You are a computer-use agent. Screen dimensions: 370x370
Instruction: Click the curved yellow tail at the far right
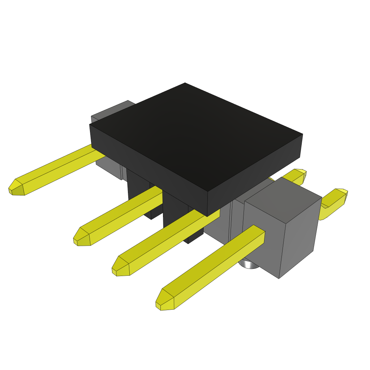click(x=334, y=202)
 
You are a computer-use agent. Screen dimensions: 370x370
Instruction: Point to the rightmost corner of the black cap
click(x=302, y=135)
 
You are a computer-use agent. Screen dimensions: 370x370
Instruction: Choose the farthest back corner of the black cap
click(x=185, y=83)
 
